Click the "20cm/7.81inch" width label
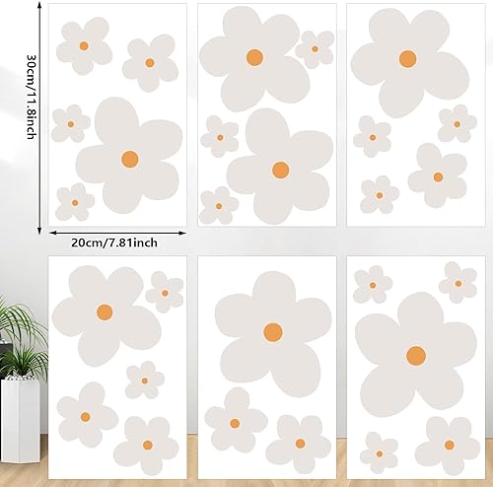pyautogui.click(x=117, y=242)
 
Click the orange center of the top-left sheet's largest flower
pyautogui.click(x=129, y=158)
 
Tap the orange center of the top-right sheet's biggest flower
pyautogui.click(x=407, y=58)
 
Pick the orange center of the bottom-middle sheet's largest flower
pyautogui.click(x=273, y=330)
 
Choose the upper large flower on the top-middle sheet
pyautogui.click(x=253, y=56)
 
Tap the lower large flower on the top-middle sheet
pyautogui.click(x=280, y=170)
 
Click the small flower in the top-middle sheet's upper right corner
pyautogui.click(x=315, y=48)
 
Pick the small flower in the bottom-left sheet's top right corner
pyautogui.click(x=165, y=292)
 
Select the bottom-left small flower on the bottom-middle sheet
pyautogui.click(x=235, y=421)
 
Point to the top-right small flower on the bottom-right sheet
pyautogui.click(x=458, y=283)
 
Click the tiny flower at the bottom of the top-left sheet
pyautogui.click(x=75, y=202)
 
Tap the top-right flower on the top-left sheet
pyautogui.click(x=150, y=62)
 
